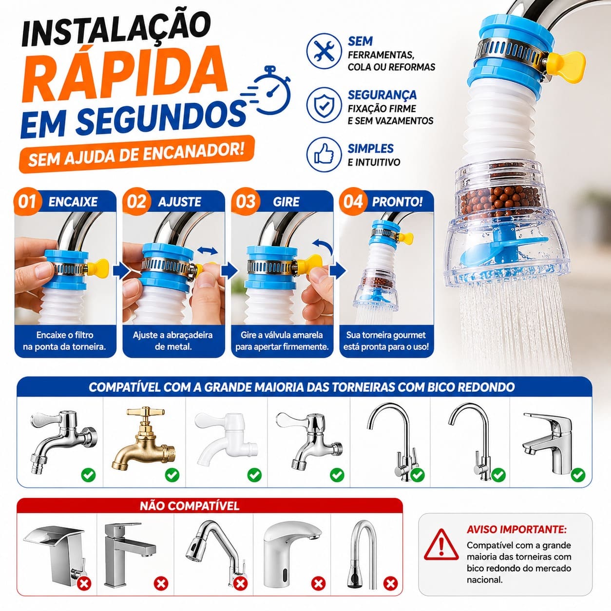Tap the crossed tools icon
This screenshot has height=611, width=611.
(x=324, y=51)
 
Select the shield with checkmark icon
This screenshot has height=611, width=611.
(x=324, y=105)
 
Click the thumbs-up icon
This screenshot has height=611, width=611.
(x=324, y=155)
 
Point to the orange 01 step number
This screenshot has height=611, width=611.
(x=27, y=202)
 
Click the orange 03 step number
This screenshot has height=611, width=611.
(x=246, y=202)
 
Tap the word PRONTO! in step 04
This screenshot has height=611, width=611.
(x=397, y=202)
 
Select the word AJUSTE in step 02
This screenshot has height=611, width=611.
(x=179, y=202)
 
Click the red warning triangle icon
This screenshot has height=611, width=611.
(x=441, y=544)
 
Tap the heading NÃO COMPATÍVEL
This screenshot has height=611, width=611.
(x=190, y=506)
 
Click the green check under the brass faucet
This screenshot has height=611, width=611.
(x=172, y=475)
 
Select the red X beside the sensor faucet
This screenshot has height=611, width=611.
(x=318, y=583)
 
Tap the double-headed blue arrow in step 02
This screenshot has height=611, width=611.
(x=208, y=251)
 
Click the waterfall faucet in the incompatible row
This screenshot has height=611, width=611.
(x=55, y=555)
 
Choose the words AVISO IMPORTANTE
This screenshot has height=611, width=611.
(x=516, y=530)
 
